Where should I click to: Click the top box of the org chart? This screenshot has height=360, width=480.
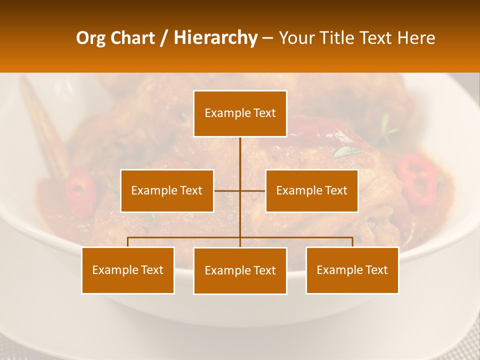[240, 113]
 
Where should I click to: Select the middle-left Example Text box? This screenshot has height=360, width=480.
[167, 190]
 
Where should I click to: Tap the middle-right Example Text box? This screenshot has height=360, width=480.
[311, 190]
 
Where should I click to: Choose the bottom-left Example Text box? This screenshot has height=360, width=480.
[128, 270]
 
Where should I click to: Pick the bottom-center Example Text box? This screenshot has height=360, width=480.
[240, 270]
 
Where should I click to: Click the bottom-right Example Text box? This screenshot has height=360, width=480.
[352, 270]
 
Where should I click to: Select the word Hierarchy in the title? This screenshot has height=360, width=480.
[215, 38]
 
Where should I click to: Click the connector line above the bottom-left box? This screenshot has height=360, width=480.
[128, 241]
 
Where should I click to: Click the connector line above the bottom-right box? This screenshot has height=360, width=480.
[352, 241]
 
